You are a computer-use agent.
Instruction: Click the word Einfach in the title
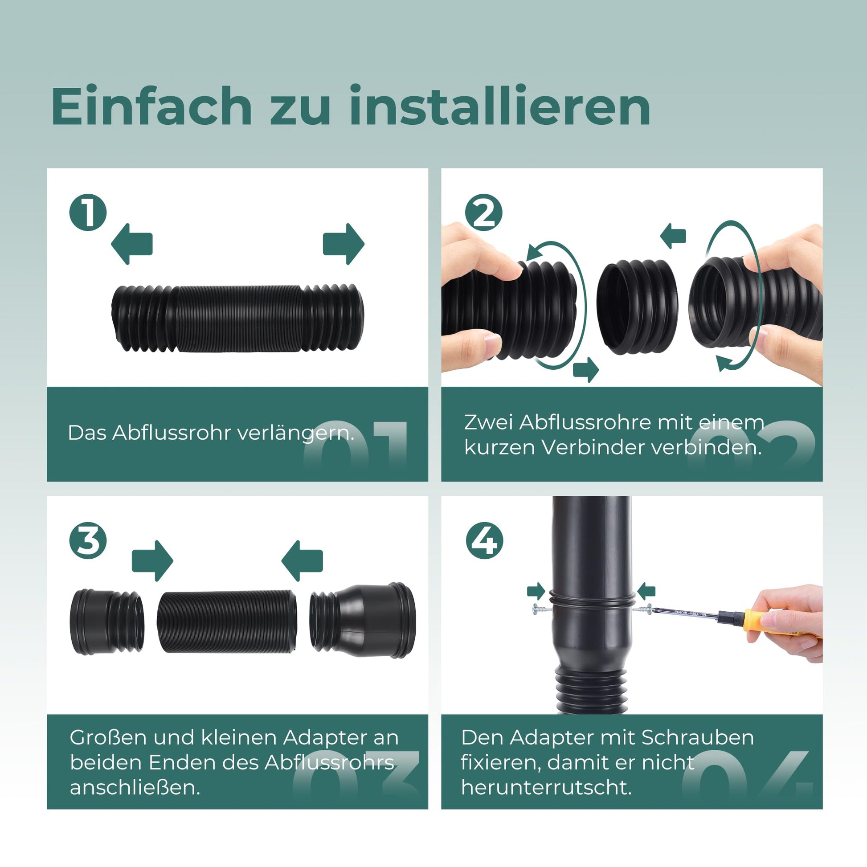click(x=152, y=106)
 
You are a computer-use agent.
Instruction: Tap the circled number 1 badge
click(x=88, y=213)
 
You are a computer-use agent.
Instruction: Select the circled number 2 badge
click(x=484, y=213)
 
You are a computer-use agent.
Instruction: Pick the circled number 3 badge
click(x=88, y=540)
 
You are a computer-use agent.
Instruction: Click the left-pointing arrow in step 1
click(x=131, y=244)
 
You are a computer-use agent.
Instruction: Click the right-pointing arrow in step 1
click(x=344, y=244)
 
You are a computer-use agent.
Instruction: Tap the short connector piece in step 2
click(x=637, y=307)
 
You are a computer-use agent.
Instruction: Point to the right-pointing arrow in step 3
click(x=152, y=561)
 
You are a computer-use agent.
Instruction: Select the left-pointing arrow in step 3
click(x=302, y=561)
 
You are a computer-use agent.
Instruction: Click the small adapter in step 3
click(x=107, y=622)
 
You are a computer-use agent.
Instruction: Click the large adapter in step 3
click(x=363, y=620)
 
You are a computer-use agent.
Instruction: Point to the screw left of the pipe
click(x=541, y=609)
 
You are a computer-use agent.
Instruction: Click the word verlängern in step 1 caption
click(x=295, y=433)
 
